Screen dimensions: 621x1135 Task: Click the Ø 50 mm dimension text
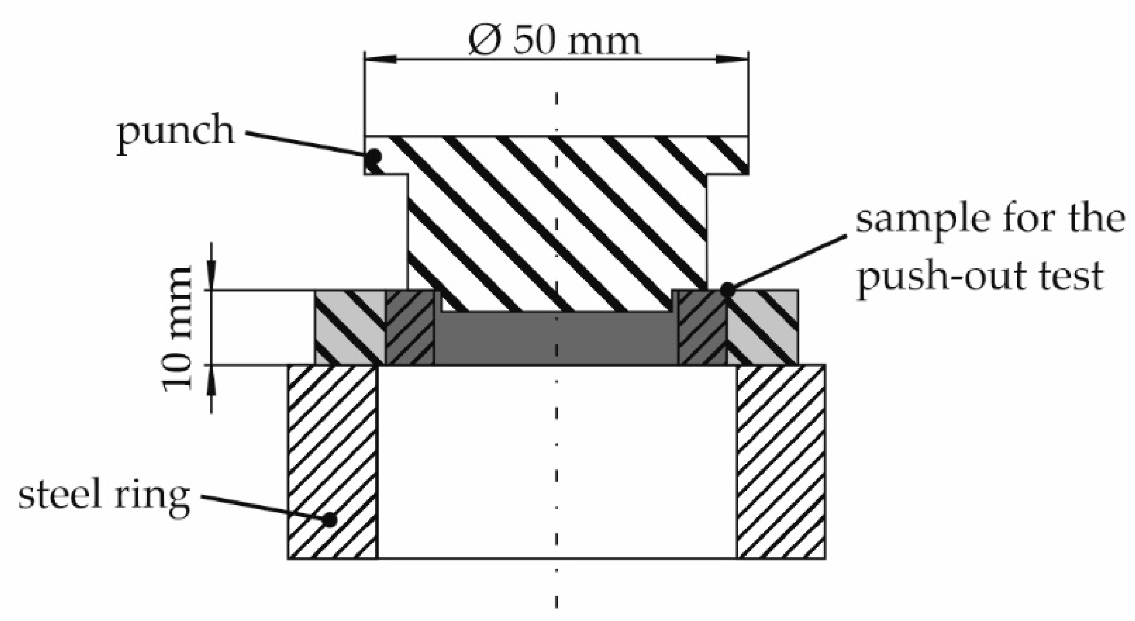(x=555, y=41)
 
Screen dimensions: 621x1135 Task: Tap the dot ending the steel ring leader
(x=330, y=519)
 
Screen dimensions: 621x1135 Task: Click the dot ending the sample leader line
(x=727, y=290)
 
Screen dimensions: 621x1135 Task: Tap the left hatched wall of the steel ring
(x=333, y=461)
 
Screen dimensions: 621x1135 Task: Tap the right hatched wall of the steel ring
(x=781, y=461)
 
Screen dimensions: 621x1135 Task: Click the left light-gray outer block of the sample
(x=350, y=327)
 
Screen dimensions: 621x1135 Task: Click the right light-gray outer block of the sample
(x=763, y=327)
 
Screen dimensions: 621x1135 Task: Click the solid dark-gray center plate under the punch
(x=556, y=340)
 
